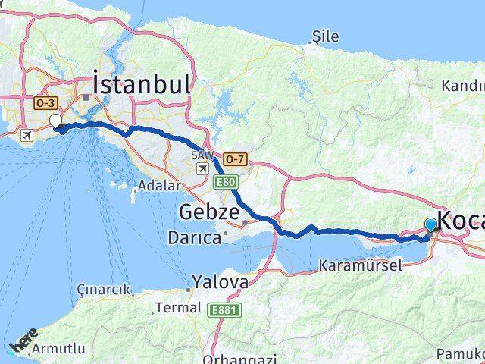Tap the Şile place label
coord(326,36)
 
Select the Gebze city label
coord(209,212)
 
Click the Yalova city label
coord(219,282)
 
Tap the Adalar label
coord(160,186)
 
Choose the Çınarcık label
coord(104,290)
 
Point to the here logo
coord(23,340)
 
